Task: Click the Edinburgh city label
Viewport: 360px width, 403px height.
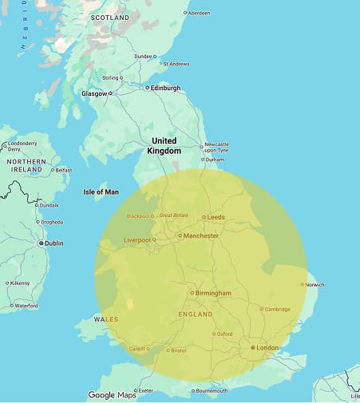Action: (164, 88)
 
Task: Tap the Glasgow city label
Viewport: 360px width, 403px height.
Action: (93, 93)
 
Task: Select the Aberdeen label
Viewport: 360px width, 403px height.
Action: (200, 13)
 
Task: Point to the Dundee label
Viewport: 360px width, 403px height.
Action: (143, 56)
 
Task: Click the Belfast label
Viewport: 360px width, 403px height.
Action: (63, 170)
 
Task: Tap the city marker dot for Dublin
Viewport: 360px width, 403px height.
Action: (41, 243)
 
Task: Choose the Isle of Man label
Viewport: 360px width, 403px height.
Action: (101, 192)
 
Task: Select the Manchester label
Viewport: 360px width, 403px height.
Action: (202, 236)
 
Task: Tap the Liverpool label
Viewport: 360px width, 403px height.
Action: (137, 239)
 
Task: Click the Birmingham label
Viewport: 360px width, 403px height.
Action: (213, 293)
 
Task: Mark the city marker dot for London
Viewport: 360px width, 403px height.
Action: (253, 348)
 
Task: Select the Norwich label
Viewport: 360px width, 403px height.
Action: (314, 285)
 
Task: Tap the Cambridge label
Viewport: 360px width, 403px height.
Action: (278, 310)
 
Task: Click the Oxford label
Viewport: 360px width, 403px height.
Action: (224, 334)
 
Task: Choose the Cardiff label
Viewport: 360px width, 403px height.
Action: (138, 349)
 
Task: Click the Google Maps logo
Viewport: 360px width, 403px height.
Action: (112, 395)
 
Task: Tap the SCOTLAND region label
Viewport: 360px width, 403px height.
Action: (110, 17)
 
